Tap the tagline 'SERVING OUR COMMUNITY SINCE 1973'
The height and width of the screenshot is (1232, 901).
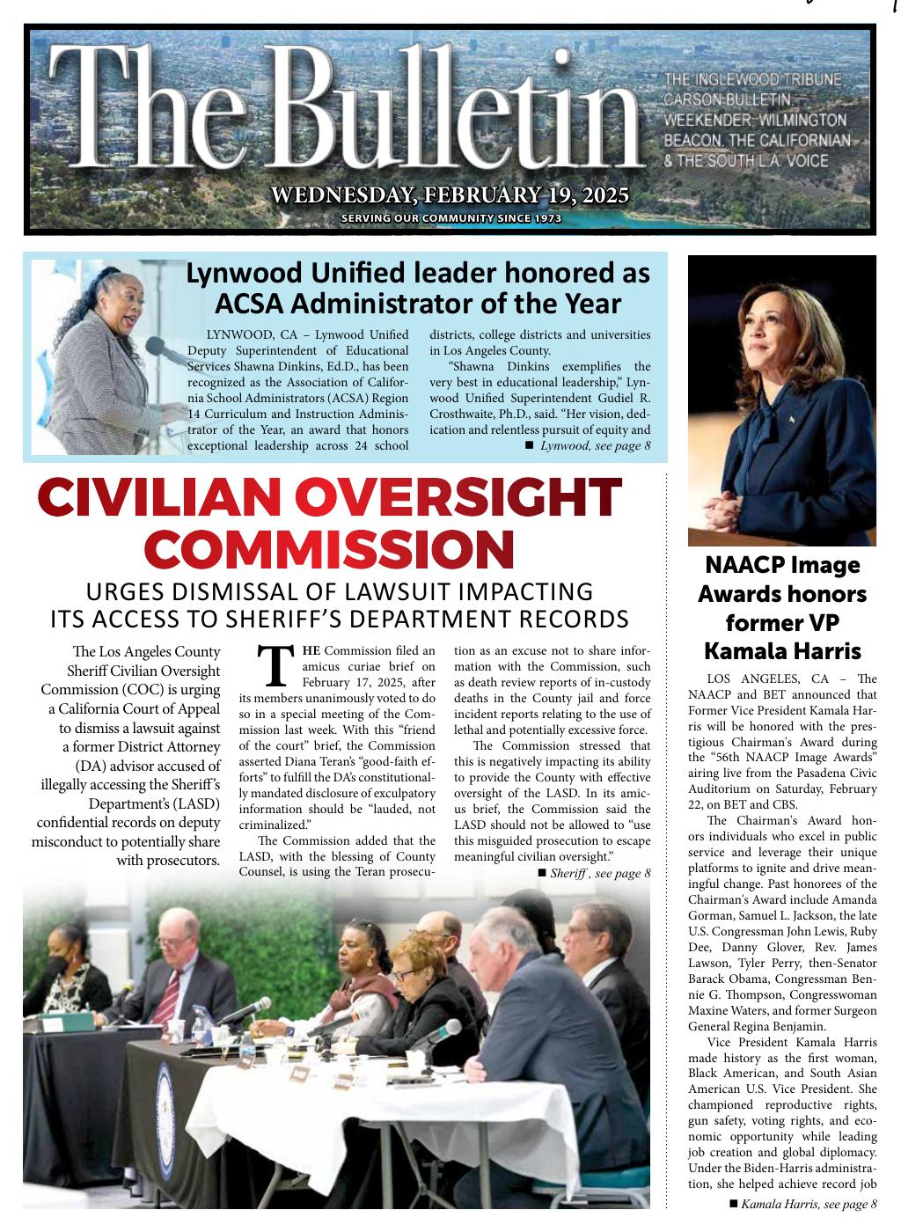450,218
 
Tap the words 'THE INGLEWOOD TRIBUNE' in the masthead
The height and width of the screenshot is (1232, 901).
754,81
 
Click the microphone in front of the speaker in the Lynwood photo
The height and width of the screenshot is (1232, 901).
156,346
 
